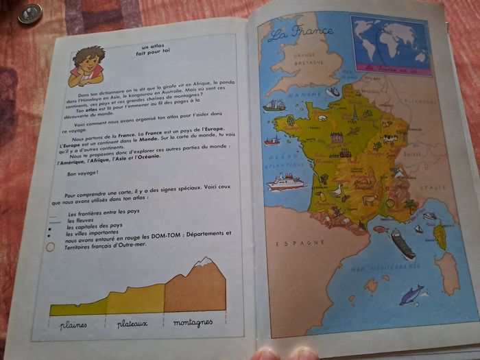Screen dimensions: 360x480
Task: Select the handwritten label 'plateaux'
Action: tap(132, 323)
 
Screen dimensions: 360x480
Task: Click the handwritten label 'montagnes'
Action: tap(193, 322)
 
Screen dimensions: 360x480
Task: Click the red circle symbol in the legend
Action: tap(50, 247)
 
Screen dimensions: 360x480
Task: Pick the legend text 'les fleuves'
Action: tap(80, 220)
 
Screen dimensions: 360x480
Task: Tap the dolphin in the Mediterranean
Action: tap(412, 293)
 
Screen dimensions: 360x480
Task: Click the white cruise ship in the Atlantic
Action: tap(286, 182)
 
